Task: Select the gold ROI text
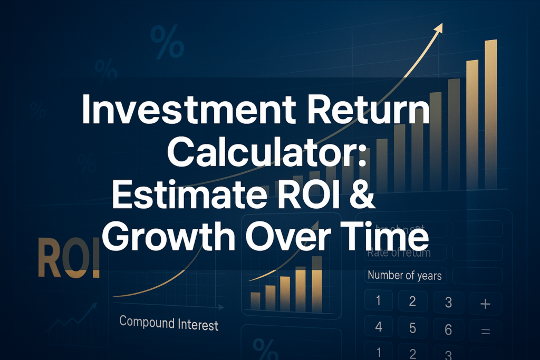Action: (x=69, y=259)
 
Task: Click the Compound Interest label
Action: (x=169, y=323)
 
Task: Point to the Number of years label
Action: (x=404, y=275)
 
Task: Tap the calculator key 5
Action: (x=412, y=327)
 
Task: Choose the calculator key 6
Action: (x=448, y=329)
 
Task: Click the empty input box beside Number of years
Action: (x=477, y=275)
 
